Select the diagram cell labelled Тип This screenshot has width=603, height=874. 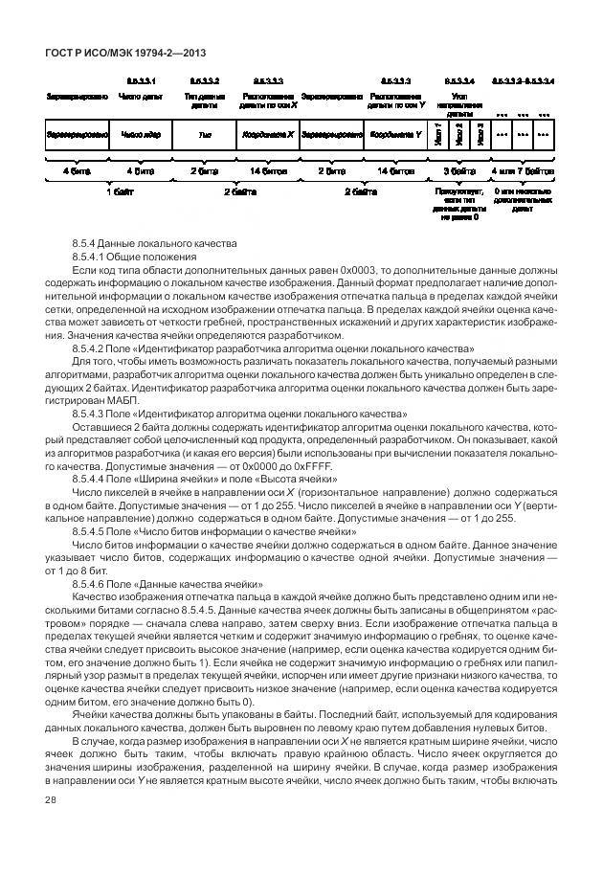point(204,135)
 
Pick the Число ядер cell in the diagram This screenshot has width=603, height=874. point(141,135)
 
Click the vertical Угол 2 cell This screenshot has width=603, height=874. point(459,135)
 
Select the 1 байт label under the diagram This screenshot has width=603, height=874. point(120,191)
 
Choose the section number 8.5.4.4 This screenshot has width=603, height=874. point(93,478)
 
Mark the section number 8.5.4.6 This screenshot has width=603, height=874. point(93,582)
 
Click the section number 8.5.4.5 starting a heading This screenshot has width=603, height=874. point(93,530)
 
